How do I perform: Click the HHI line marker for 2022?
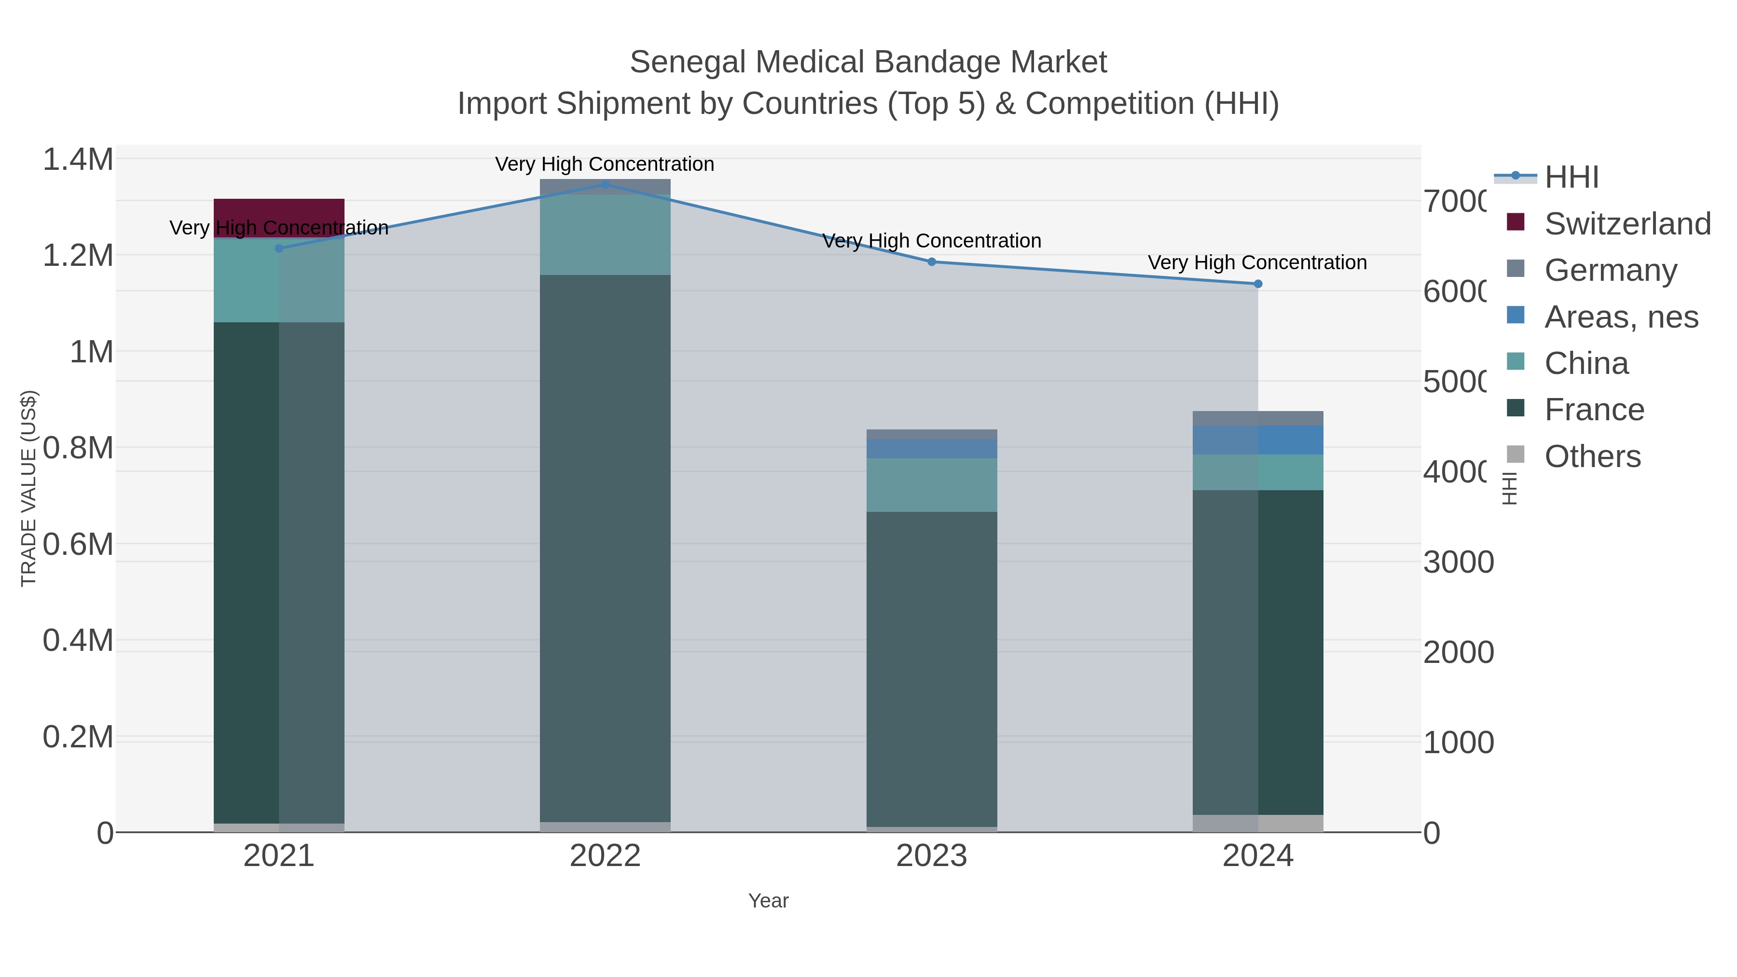click(x=605, y=185)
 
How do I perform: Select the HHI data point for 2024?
click(x=1257, y=284)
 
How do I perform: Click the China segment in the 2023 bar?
click(x=931, y=485)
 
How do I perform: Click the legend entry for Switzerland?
click(x=1627, y=224)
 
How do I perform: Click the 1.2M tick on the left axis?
click(x=78, y=256)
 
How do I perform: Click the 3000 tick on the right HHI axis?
click(x=1458, y=563)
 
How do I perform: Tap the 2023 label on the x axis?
click(x=931, y=856)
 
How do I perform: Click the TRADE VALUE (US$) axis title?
click(x=28, y=488)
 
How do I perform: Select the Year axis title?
click(x=768, y=901)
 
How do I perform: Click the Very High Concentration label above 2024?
click(x=1257, y=262)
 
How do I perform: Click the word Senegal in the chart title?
click(x=687, y=62)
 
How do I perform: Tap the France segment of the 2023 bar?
click(x=931, y=668)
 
